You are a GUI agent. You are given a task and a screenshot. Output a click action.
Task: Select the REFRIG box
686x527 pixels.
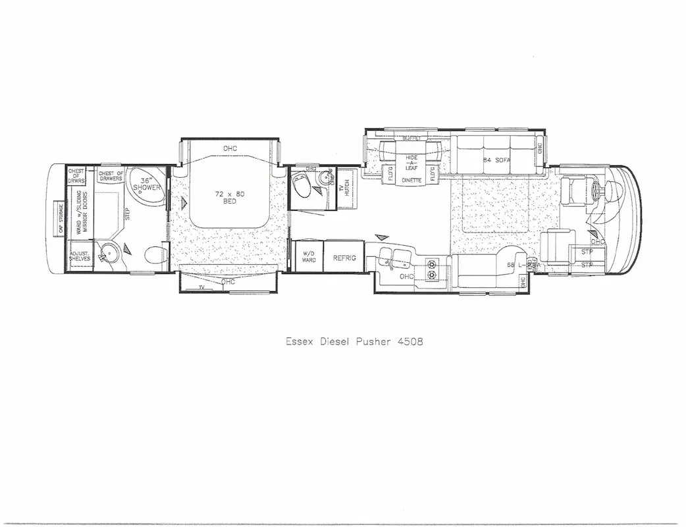coord(344,258)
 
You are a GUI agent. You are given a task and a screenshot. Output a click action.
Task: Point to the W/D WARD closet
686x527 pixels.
coord(309,257)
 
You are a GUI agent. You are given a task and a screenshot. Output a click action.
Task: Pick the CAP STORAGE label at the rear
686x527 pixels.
coord(61,218)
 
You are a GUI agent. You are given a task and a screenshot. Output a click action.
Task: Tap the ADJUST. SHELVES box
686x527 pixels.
coord(80,257)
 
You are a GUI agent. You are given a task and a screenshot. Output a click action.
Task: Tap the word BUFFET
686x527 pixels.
coord(411,139)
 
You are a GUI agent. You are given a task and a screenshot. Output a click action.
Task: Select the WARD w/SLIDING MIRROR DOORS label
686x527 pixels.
coord(80,212)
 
